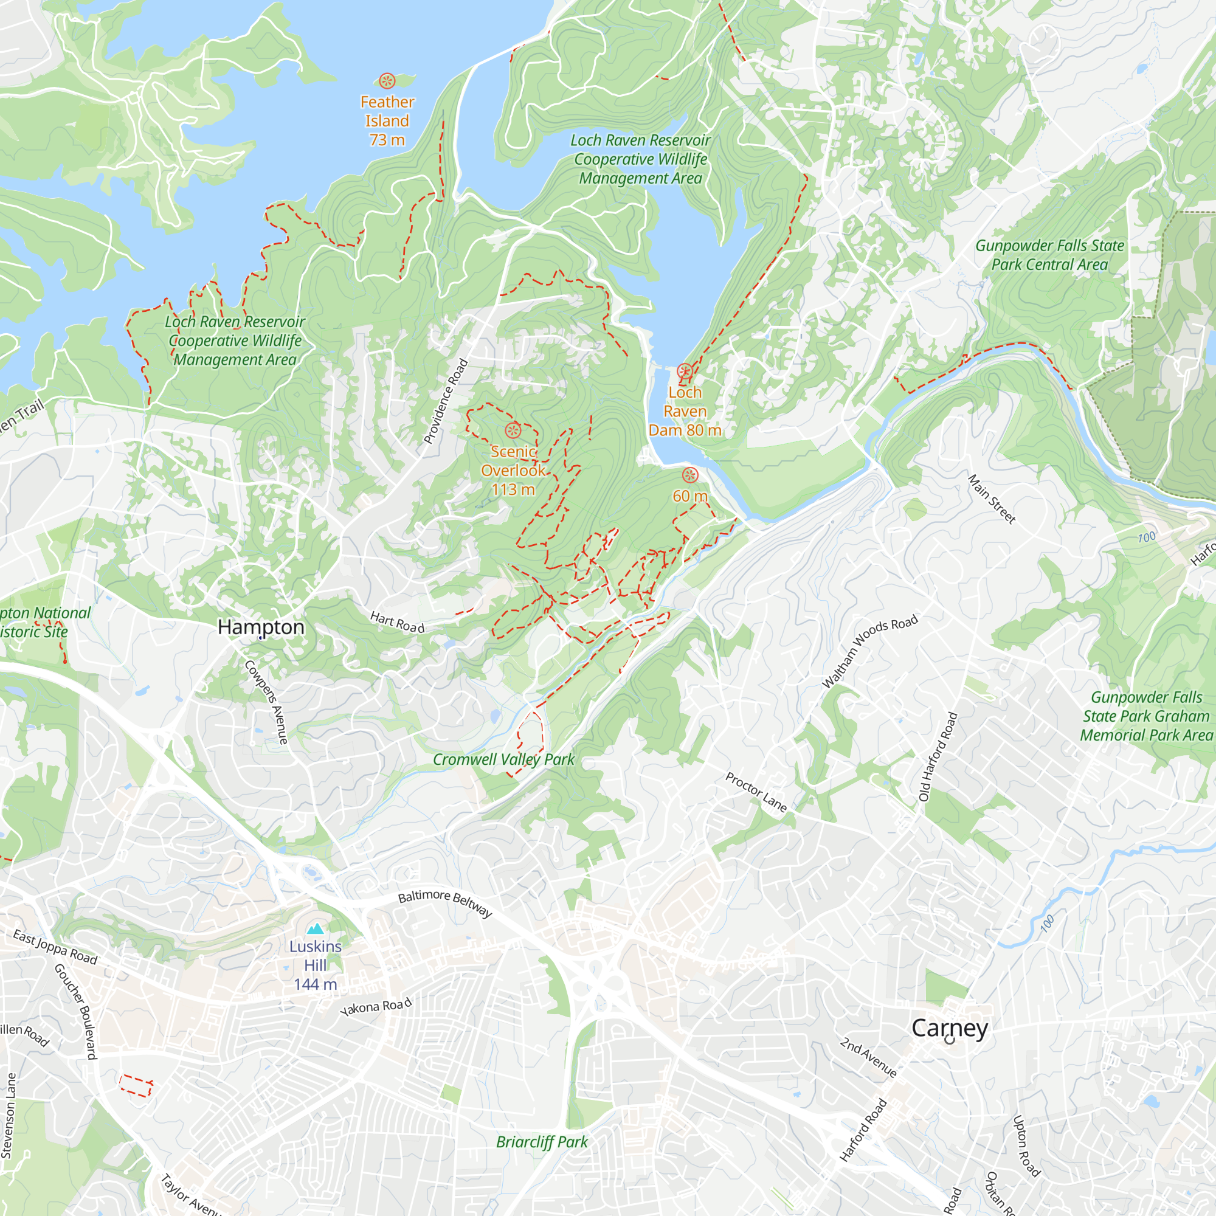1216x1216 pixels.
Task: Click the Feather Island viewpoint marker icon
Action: point(387,81)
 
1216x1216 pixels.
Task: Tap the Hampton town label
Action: point(261,627)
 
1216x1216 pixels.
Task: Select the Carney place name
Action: point(949,1028)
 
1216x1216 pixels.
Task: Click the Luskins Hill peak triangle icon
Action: point(316,928)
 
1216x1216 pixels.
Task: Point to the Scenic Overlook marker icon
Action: point(513,430)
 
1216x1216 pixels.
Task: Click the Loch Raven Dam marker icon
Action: point(685,371)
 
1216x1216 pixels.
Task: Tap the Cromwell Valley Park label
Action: point(503,759)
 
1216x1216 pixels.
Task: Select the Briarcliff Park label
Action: point(542,1142)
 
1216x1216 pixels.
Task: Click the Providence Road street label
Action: point(446,401)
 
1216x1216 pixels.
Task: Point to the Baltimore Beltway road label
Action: point(445,903)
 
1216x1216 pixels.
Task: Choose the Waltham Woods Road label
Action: point(870,651)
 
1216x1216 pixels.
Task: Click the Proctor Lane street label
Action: point(756,792)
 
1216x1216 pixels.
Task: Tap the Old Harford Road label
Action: point(938,756)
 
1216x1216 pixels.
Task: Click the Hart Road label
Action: point(397,622)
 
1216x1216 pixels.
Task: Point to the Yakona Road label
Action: point(376,1006)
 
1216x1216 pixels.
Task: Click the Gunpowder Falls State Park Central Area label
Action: point(1049,255)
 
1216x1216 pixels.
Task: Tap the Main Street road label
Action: point(991,499)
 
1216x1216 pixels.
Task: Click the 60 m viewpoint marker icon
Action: point(691,475)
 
